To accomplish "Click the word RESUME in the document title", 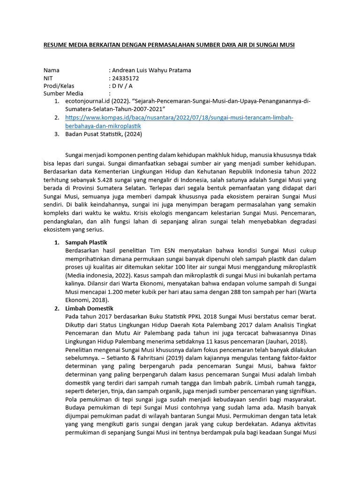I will (56, 45).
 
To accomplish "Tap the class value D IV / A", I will (122, 86).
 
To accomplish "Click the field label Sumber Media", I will (63, 93).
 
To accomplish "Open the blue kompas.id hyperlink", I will (179, 118).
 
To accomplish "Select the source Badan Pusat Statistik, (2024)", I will (103, 134).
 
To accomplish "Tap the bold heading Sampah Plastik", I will (86, 242).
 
